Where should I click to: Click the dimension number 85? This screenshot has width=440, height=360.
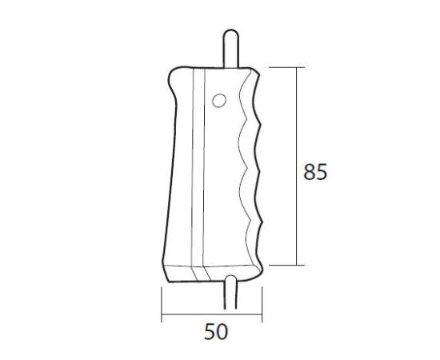pos(315,173)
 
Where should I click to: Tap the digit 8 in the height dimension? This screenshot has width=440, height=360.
pos(309,173)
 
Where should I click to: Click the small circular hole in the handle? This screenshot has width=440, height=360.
pos(219,100)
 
